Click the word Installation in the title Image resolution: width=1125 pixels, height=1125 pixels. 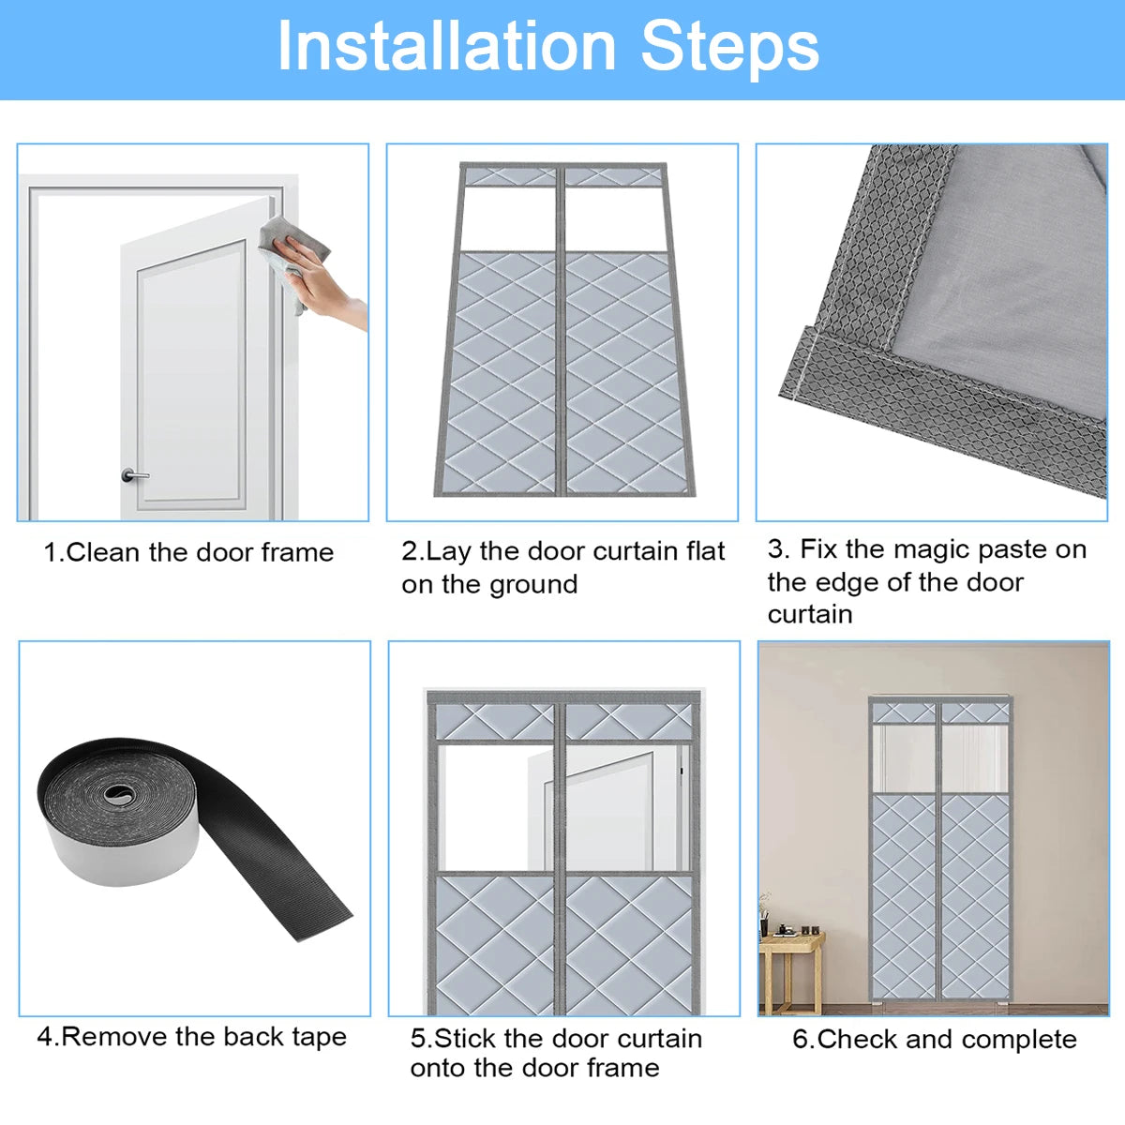click(x=446, y=46)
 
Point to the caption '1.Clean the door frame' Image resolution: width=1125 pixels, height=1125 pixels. click(x=188, y=552)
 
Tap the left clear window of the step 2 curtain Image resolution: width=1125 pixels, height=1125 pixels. click(x=507, y=219)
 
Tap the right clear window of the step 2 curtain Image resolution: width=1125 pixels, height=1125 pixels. click(x=615, y=219)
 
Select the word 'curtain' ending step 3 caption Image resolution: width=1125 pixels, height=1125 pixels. click(x=810, y=615)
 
